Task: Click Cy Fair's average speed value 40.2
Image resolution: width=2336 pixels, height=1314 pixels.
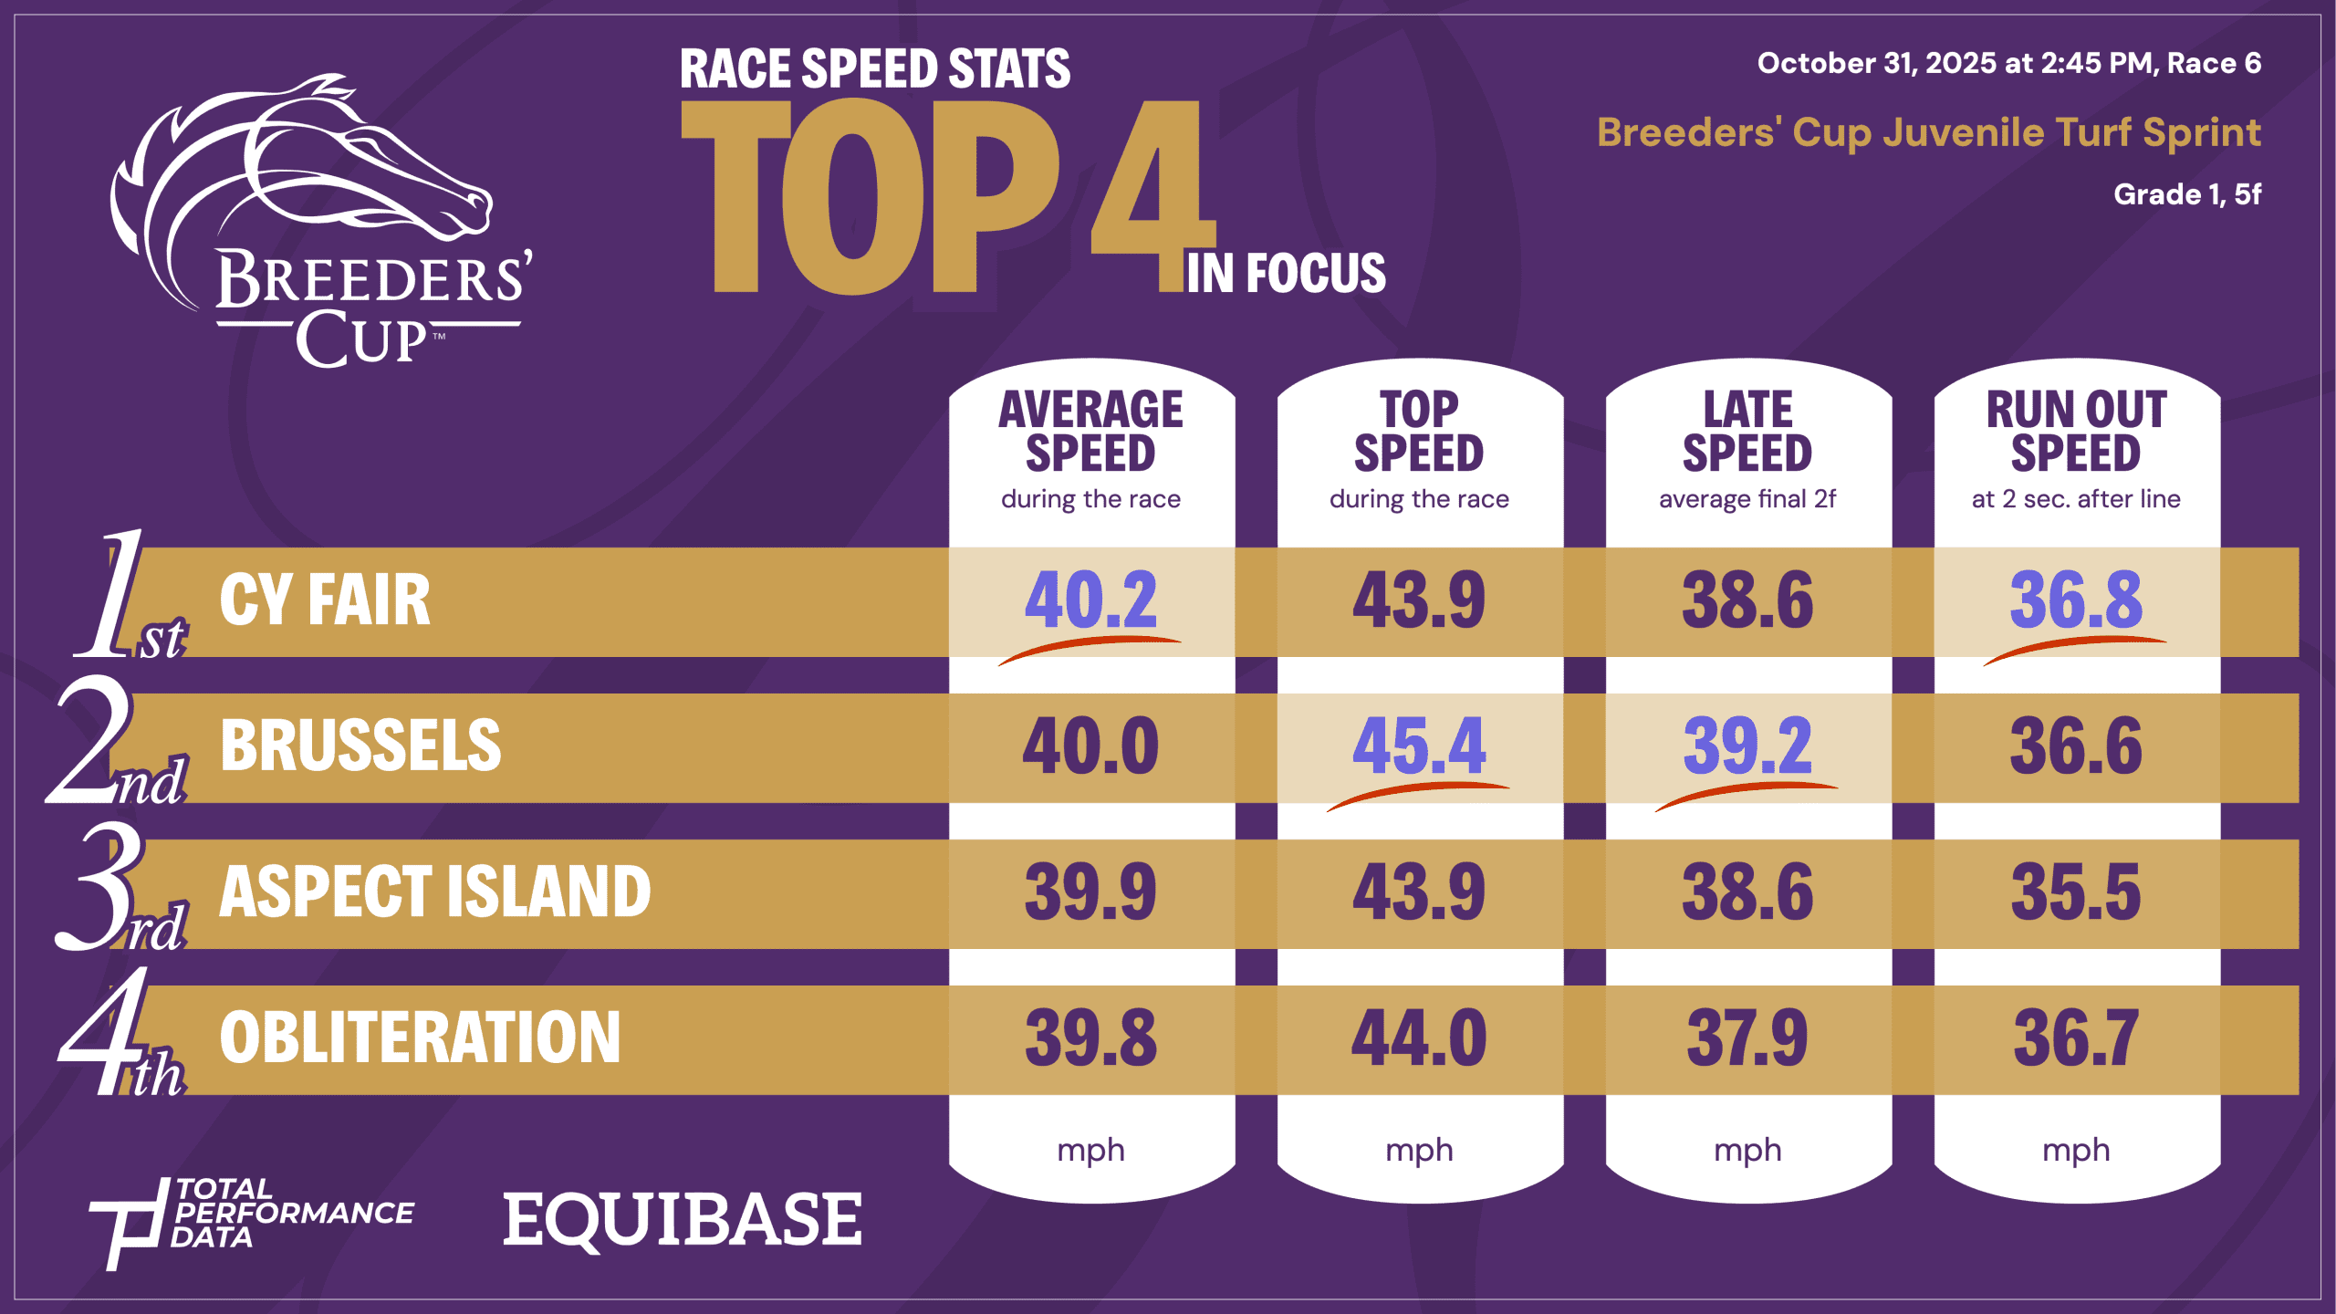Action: pyautogui.click(x=1090, y=600)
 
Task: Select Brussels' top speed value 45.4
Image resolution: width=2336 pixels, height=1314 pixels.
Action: pyautogui.click(x=1419, y=746)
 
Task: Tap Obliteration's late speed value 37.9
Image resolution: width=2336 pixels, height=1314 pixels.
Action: pyautogui.click(x=1747, y=1038)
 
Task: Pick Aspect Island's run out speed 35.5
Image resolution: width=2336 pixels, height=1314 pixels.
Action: pyautogui.click(x=2076, y=892)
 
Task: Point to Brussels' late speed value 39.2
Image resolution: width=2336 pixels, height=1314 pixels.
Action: pyautogui.click(x=1747, y=746)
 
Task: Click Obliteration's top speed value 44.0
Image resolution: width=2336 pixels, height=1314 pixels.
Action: pyautogui.click(x=1419, y=1038)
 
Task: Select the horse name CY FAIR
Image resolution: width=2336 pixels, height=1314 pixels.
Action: pyautogui.click(x=325, y=600)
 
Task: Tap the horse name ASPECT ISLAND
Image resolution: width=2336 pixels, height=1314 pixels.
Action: pyautogui.click(x=435, y=892)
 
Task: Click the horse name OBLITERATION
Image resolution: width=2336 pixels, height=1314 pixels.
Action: pyautogui.click(x=420, y=1038)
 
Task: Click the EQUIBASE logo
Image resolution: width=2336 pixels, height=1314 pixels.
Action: pyautogui.click(x=683, y=1220)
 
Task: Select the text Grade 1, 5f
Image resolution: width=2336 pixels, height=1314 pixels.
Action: pyautogui.click(x=2187, y=194)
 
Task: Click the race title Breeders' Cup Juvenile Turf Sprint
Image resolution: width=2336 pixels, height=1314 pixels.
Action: pyautogui.click(x=1928, y=133)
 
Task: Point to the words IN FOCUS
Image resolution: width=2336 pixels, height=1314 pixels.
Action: pyautogui.click(x=1285, y=273)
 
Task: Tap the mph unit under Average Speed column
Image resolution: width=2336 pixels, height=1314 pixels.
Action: pyautogui.click(x=1090, y=1150)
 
